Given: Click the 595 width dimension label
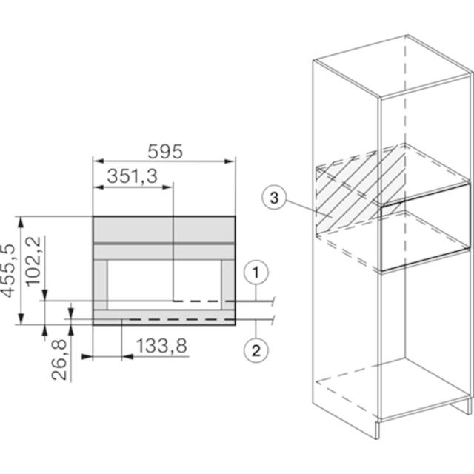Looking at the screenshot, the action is (x=165, y=152).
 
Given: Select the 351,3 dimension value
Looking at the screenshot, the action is (x=132, y=176).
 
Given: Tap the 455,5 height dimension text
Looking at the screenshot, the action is (x=8, y=270).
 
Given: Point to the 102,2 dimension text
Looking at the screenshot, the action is (x=33, y=261).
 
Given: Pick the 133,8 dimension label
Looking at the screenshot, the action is (x=161, y=346).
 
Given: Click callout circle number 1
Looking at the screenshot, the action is (x=256, y=273).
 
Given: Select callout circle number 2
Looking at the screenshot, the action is (x=256, y=350).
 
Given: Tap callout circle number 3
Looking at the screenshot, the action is (x=274, y=198).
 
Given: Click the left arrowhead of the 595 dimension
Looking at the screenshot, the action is (x=99, y=161).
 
